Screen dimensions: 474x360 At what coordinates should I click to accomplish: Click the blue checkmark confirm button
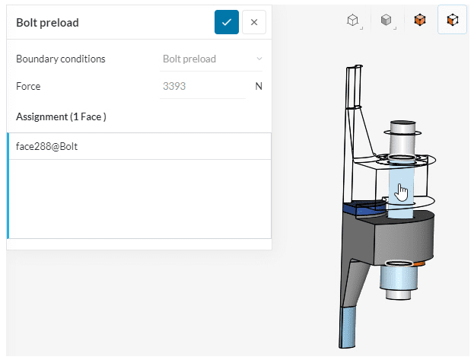pyautogui.click(x=227, y=22)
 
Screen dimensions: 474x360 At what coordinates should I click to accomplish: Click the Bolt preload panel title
pyautogui.click(x=47, y=23)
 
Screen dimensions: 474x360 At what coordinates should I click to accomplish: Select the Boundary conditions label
pyautogui.click(x=60, y=59)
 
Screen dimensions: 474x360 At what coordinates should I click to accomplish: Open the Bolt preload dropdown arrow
pyautogui.click(x=259, y=59)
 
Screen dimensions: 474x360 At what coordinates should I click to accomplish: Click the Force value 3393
pyautogui.click(x=174, y=86)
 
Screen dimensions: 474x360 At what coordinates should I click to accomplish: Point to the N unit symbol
pyautogui.click(x=259, y=86)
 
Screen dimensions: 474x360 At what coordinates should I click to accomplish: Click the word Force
pyautogui.click(x=28, y=86)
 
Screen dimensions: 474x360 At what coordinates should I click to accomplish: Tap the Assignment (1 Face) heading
pyautogui.click(x=61, y=116)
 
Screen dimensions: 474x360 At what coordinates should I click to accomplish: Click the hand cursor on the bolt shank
pyautogui.click(x=402, y=193)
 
